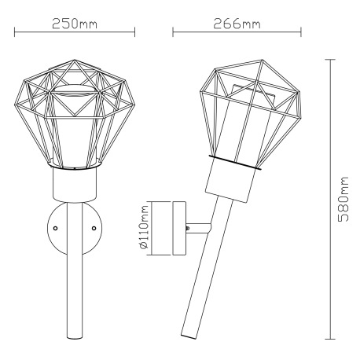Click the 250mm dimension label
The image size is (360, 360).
coord(75,24)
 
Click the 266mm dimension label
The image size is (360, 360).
coord(237,24)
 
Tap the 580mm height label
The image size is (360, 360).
coord(343,199)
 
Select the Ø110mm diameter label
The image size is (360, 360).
coord(145,227)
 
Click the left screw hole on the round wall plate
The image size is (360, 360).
coord(55,228)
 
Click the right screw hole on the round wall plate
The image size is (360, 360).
coord(94,228)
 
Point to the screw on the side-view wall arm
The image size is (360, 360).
coord(188,228)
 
